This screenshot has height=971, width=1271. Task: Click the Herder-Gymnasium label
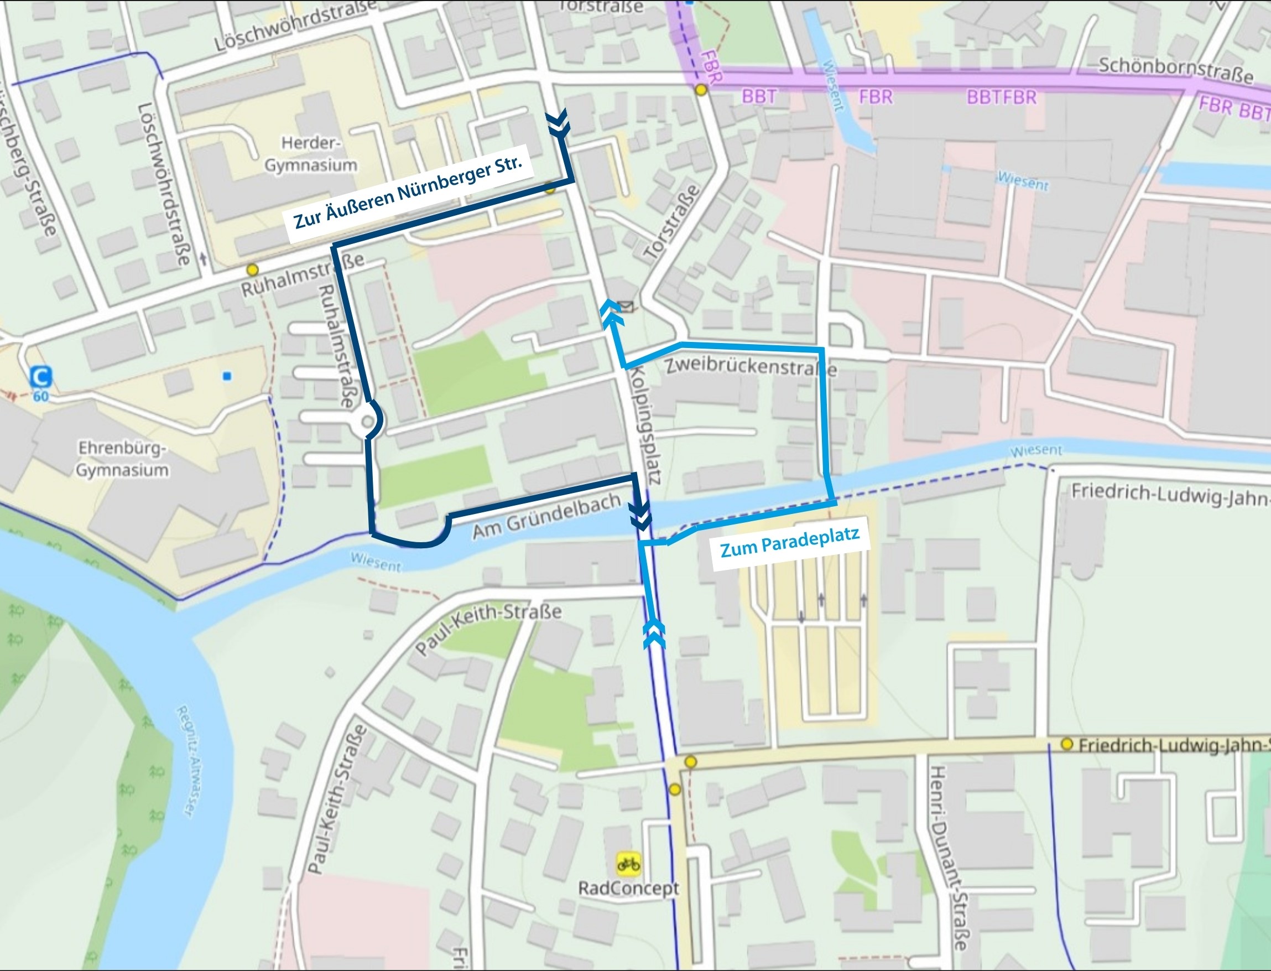point(311,154)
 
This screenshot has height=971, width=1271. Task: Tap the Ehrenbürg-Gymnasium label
point(122,459)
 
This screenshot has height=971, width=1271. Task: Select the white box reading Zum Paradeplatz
point(789,543)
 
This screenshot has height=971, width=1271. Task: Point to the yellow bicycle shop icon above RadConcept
point(628,864)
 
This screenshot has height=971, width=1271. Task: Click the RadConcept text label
point(628,889)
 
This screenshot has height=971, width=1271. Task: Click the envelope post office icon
point(626,306)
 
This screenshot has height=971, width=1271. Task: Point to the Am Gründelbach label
point(546,516)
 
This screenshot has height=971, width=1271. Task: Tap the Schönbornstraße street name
point(1175,70)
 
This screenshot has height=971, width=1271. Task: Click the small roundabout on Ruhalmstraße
point(367,422)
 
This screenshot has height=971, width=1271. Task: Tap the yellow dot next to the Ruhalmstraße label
point(252,269)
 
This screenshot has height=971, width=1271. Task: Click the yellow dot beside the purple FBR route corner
point(701,90)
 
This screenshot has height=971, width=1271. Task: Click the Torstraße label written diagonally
point(671,222)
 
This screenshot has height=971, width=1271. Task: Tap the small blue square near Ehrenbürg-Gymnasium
point(227,376)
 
